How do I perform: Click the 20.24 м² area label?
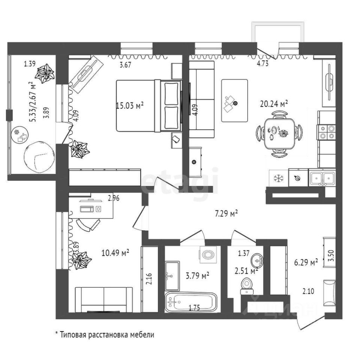274,104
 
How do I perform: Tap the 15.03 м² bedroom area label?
130,106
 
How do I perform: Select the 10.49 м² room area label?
115,253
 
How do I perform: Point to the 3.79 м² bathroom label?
198,275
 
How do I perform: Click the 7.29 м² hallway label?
226,213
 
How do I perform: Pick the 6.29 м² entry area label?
306,262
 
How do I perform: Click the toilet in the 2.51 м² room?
247,286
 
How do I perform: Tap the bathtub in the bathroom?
191,302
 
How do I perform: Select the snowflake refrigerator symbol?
279,178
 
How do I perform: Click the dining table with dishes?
279,133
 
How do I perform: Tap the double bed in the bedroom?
149,106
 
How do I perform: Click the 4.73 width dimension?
262,63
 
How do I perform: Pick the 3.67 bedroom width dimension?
125,65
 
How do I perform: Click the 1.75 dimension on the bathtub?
194,307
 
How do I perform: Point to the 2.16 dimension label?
149,279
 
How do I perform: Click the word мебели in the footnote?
142,334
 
